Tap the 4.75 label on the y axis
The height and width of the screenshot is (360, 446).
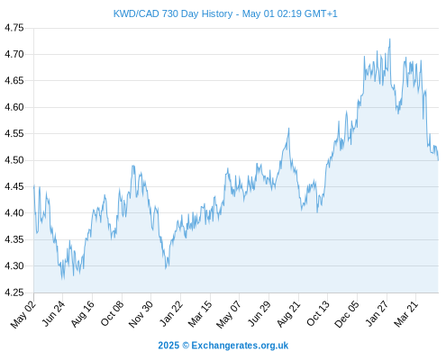tap(14, 28)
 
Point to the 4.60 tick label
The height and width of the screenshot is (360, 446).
tap(14, 107)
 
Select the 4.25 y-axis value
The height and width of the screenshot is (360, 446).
tap(14, 292)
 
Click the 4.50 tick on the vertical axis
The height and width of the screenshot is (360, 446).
tap(14, 160)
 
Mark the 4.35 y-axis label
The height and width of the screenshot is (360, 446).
tap(14, 239)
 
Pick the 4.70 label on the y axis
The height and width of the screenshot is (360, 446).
tap(14, 54)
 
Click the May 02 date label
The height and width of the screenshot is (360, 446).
tap(23, 314)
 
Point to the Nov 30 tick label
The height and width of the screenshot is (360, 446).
tap(141, 314)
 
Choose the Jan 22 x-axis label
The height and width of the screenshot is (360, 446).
tap(170, 314)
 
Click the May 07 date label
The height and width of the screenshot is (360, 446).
tap(228, 314)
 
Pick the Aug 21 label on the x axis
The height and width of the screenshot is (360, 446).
tap(288, 314)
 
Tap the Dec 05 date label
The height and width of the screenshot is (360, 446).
tap(346, 314)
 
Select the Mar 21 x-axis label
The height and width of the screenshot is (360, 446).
tap(405, 314)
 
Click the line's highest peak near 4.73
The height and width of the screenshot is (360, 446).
tap(390, 39)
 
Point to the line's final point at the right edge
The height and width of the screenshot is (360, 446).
tap(438, 160)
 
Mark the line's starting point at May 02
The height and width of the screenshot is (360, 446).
tap(34, 185)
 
